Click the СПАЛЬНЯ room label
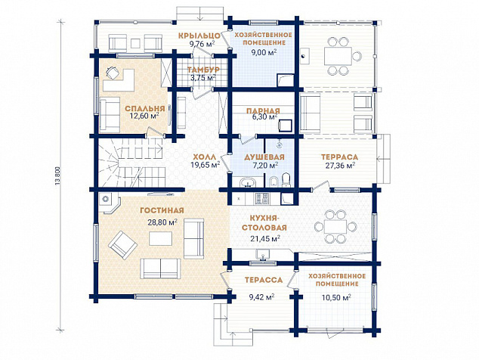coord(145,109)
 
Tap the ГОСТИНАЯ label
coord(162,210)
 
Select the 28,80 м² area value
coord(162,222)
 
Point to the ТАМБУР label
coord(202,70)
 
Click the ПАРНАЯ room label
coord(263,110)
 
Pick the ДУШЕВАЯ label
coord(264,157)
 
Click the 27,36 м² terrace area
coord(340,166)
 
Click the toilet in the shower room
coord(286,179)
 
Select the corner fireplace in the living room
coord(109,202)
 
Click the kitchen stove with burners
coord(262,198)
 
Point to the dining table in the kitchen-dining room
coord(335,227)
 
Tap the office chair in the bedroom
coord(113,73)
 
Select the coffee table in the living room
coord(160,238)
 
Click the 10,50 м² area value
coord(335,297)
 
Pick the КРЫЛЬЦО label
coord(199,36)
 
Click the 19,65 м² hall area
coord(206,165)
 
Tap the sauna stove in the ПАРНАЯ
coord(286,125)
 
